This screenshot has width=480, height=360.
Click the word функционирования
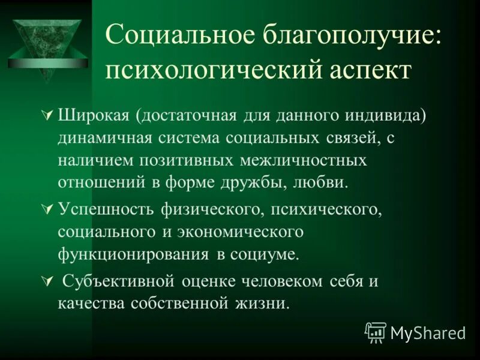tap(131, 254)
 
